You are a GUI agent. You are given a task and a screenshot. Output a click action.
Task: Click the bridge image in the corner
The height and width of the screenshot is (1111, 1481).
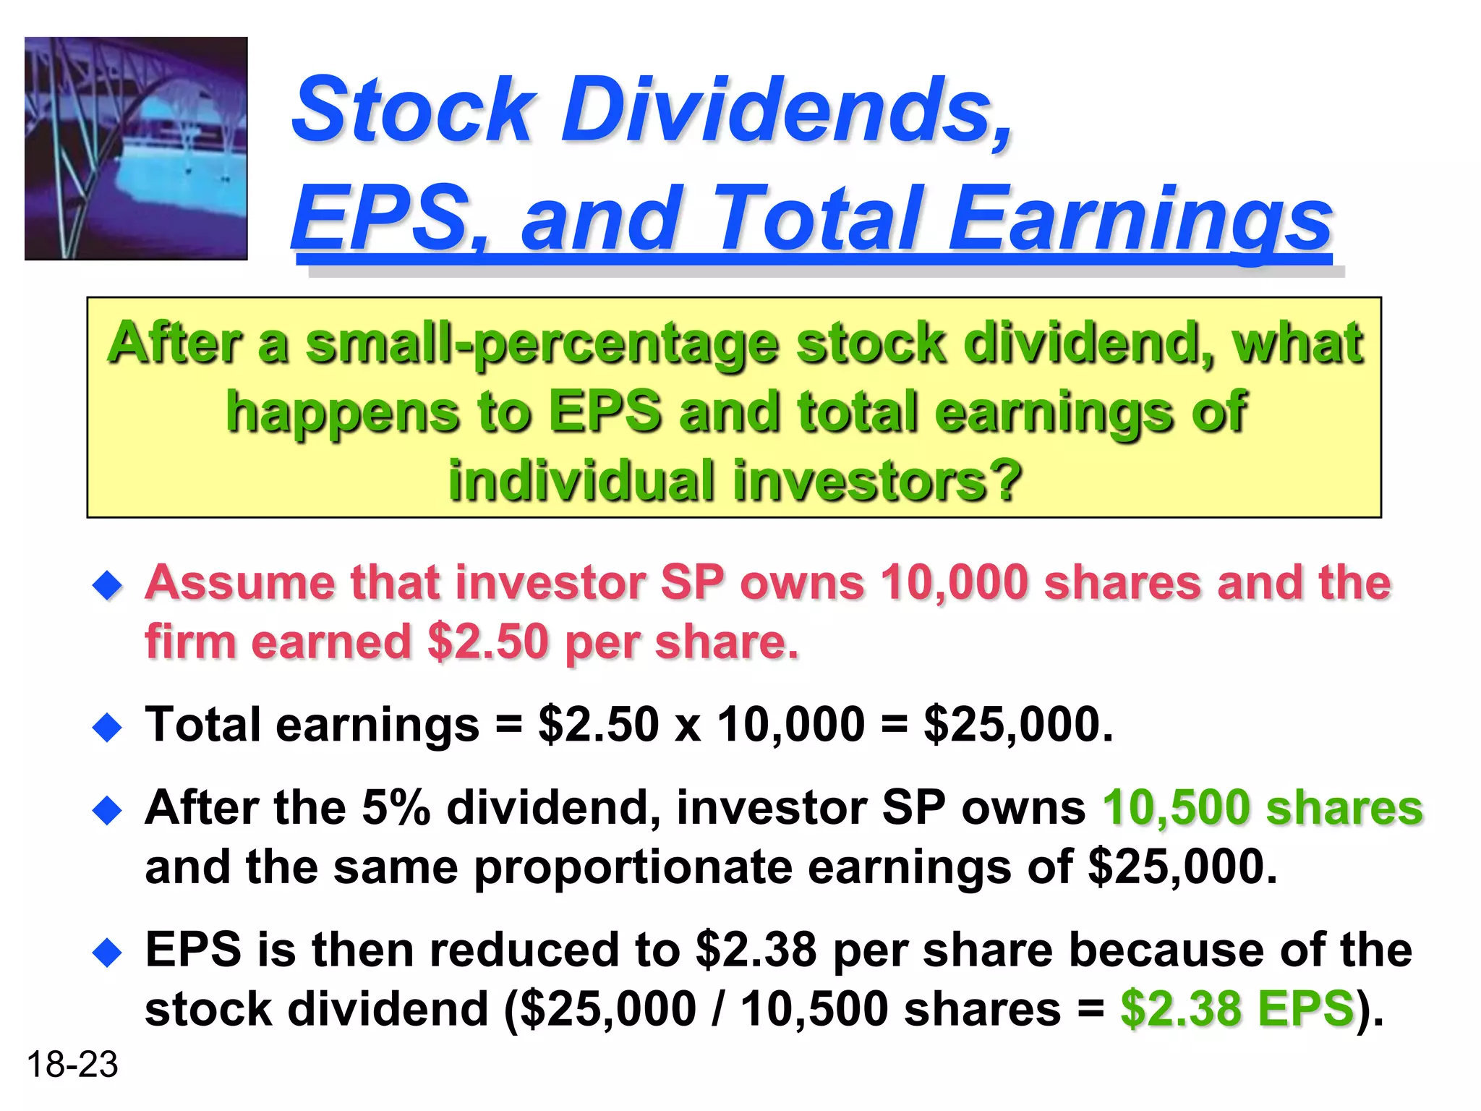click(x=136, y=148)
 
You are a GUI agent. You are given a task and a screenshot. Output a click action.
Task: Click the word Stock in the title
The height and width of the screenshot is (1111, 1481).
click(x=413, y=110)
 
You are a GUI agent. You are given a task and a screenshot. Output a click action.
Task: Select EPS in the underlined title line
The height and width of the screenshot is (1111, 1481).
click(x=380, y=217)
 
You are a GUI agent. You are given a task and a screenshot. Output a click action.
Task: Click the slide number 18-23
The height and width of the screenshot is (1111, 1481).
click(x=72, y=1065)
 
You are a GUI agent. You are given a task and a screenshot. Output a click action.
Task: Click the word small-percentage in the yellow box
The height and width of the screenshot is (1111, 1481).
click(x=542, y=344)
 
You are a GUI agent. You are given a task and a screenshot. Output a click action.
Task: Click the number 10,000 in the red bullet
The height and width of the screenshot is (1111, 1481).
click(x=955, y=583)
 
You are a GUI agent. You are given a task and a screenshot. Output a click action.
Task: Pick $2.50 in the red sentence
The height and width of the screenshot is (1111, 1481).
click(x=488, y=642)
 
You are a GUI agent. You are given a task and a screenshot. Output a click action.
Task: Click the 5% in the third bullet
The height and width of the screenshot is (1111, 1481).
click(x=396, y=807)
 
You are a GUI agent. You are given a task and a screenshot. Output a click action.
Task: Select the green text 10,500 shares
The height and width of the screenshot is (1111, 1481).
click(x=1263, y=807)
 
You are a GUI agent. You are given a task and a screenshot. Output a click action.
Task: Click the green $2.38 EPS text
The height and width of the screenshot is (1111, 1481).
click(x=1237, y=1009)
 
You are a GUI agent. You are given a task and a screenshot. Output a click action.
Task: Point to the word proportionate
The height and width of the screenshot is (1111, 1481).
click(x=633, y=867)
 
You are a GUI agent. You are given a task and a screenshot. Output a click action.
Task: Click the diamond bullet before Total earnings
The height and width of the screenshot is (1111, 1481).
click(x=108, y=727)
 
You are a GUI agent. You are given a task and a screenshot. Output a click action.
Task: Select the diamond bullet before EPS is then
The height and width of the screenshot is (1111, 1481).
click(x=108, y=953)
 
